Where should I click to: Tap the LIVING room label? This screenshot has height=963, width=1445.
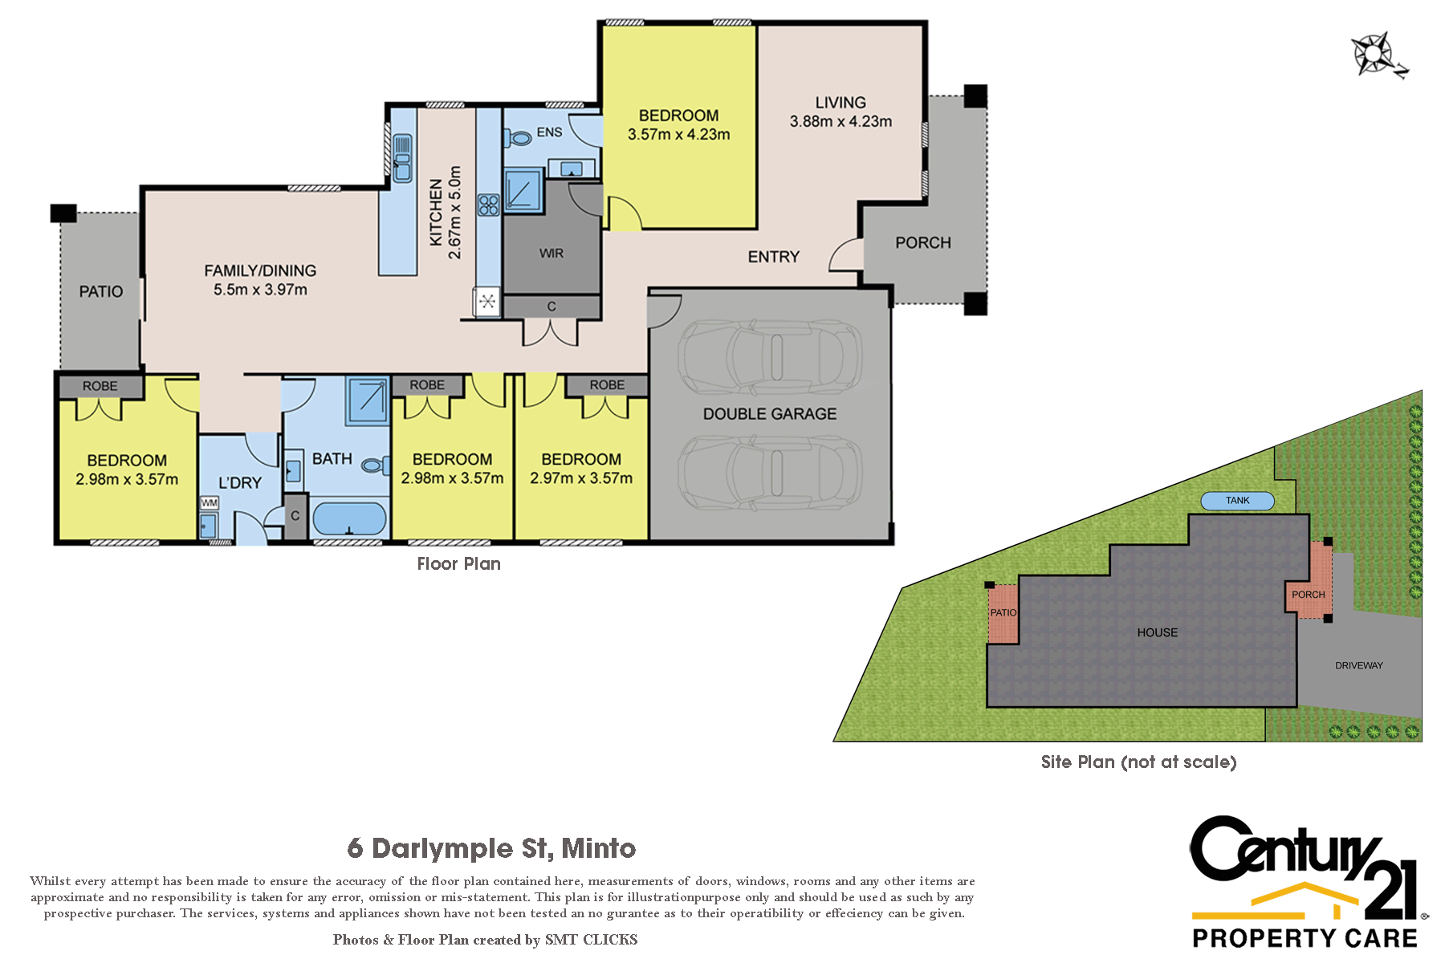pos(841,103)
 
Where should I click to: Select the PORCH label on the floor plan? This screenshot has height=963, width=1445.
pos(923,242)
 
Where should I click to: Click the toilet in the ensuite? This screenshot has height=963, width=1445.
pos(519,138)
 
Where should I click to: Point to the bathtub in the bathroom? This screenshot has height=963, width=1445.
pos(349,518)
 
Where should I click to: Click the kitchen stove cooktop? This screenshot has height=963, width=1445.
pos(488,205)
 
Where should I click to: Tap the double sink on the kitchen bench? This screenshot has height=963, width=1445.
pos(401,156)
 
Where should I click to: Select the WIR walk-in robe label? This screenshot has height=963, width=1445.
pos(552,254)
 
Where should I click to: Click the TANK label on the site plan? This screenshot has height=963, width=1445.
pos(1237,501)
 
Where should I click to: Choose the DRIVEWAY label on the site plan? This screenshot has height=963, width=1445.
pos(1358,665)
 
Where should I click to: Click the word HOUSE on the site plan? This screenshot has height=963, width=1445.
pos(1158,632)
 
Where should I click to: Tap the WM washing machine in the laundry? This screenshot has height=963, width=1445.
pos(209,502)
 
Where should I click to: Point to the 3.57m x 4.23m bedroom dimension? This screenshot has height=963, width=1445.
pos(678,135)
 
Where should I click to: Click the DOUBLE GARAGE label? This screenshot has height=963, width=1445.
pos(770,414)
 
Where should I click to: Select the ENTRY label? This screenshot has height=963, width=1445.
pos(774,257)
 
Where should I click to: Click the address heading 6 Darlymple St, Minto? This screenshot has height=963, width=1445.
pos(491,848)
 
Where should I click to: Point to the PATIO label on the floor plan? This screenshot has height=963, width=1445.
pos(101,291)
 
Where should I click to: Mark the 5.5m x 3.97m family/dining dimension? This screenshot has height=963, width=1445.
pos(260,290)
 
